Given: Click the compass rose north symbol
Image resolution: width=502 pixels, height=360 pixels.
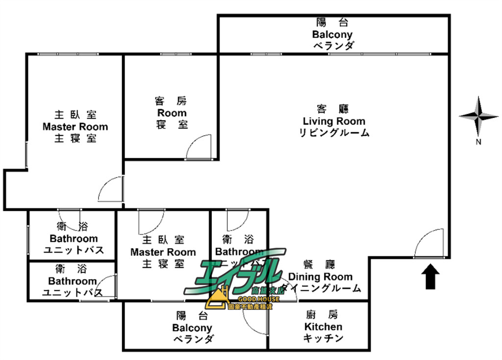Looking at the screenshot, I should coord(478,116).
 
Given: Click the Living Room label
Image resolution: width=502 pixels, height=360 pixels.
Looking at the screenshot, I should coord(334,121).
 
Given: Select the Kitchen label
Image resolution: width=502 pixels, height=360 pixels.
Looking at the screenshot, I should coord(324,327).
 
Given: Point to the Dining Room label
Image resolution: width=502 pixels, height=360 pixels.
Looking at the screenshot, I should coord(321,277).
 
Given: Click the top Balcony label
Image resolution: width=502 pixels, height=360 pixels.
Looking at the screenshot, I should coord(332,34).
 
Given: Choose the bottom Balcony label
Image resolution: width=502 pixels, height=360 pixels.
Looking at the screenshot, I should coord(192,328).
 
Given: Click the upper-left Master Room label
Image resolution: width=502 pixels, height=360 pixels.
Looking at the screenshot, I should coord(75,127).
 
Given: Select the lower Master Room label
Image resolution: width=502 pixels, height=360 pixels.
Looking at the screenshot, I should coord(163,252).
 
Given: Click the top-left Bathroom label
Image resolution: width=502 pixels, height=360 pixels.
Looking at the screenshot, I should coord(74,239).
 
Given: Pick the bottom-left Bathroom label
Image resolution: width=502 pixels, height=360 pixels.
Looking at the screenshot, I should coord(72,282).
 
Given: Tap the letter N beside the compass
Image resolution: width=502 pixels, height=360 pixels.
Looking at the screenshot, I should coord(478,143).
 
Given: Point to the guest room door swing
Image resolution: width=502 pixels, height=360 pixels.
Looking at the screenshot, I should coord(199,147).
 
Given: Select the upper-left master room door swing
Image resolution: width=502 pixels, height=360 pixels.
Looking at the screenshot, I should coord(111,189).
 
